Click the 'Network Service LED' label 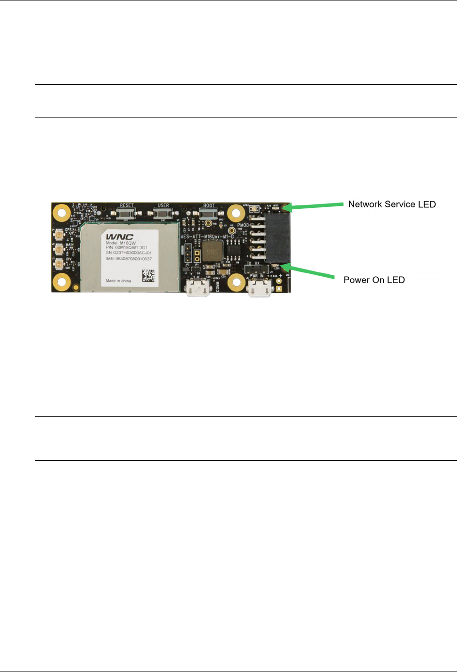pyautogui.click(x=392, y=204)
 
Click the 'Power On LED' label pyautogui.click(x=374, y=280)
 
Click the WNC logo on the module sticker pyautogui.click(x=120, y=236)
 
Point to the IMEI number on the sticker pyautogui.click(x=129, y=259)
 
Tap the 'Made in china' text pyautogui.click(x=118, y=281)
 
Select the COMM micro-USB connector pyautogui.click(x=198, y=289)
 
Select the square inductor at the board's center pyautogui.click(x=211, y=251)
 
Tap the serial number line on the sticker pyautogui.click(x=129, y=253)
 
